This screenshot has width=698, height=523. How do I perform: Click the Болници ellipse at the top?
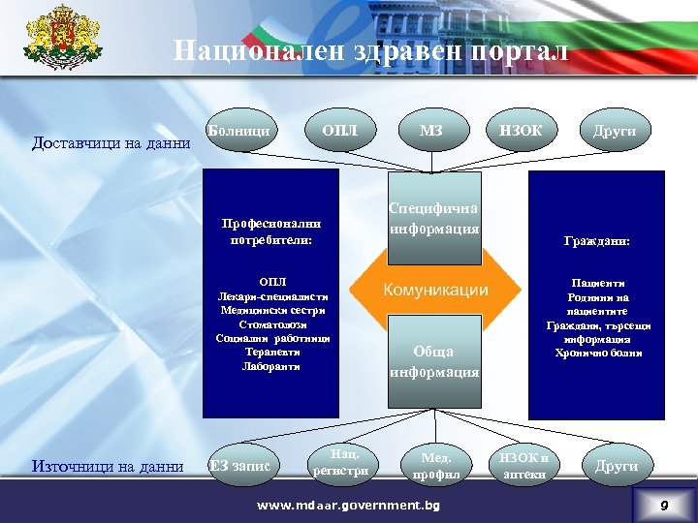point(239,130)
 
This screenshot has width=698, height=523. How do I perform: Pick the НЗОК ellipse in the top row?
point(521,130)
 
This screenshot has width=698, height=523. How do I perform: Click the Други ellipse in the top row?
point(615,130)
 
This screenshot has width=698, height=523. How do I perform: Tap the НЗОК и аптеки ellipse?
point(523,466)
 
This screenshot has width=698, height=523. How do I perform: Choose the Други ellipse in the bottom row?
point(616,466)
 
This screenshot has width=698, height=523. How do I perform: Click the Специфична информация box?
point(434,219)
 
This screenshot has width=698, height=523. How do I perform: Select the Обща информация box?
point(434,361)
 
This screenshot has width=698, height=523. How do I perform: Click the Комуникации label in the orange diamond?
point(435,290)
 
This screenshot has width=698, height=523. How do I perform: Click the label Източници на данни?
point(108,467)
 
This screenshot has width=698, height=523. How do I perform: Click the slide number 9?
point(664,506)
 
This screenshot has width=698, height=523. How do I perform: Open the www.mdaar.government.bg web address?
point(347,506)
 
